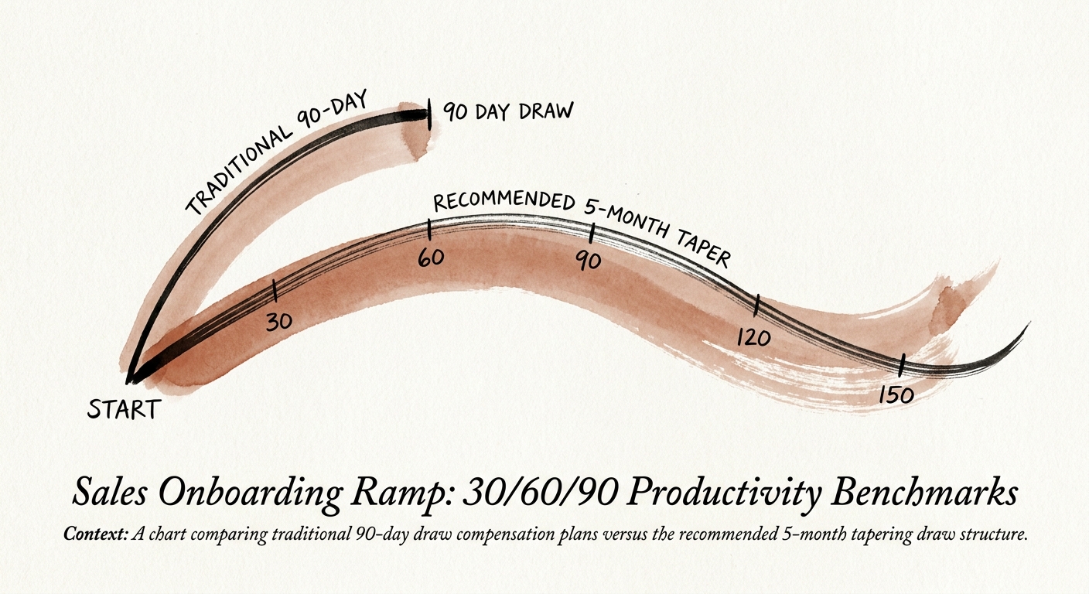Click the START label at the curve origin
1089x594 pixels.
coord(124,408)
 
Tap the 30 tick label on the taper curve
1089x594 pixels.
coord(278,321)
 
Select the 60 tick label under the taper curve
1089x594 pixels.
coord(430,257)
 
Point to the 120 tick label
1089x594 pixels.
coord(753,338)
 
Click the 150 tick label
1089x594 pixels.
coord(897,394)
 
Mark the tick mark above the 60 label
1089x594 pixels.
coord(428,230)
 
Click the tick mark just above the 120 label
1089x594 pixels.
coord(758,306)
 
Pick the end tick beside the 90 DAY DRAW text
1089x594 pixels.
coord(428,114)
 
